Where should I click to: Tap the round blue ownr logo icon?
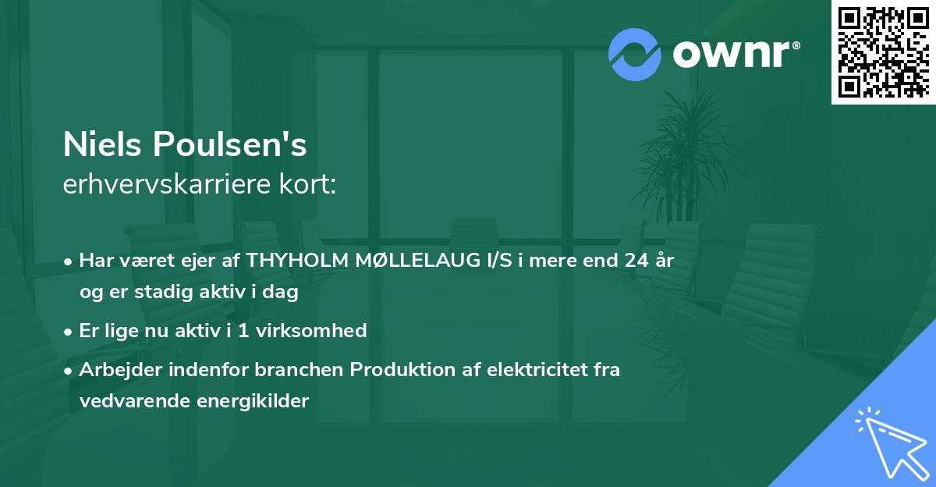[635, 54]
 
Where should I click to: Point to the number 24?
[633, 261]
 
